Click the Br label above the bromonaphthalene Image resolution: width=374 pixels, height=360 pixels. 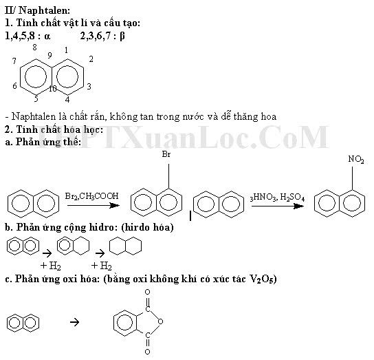point(166,154)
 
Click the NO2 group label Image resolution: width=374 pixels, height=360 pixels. point(356,159)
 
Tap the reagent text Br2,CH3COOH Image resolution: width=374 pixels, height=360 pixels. point(91,196)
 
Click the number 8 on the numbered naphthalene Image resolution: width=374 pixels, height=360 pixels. point(35,47)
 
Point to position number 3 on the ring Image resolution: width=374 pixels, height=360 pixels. point(89,86)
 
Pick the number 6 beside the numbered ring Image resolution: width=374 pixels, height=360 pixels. point(15,85)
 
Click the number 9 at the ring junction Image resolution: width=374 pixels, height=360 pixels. point(49,55)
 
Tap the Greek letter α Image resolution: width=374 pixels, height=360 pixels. point(47,36)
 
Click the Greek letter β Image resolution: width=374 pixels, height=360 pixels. point(122,36)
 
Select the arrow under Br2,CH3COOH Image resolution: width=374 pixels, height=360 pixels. point(93,205)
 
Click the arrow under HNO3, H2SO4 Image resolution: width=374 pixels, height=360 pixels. point(277,206)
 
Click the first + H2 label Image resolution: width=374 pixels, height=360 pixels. point(51,266)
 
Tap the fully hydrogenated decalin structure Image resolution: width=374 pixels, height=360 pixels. point(125,246)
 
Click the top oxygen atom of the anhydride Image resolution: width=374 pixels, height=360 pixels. point(147,292)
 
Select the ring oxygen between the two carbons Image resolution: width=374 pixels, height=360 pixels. point(160,321)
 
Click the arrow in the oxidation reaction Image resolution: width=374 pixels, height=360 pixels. point(75,323)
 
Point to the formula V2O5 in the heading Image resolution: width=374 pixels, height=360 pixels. point(261,279)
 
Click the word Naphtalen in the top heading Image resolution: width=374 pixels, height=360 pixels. point(43,10)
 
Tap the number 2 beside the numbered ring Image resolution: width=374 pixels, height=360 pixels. point(91,59)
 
